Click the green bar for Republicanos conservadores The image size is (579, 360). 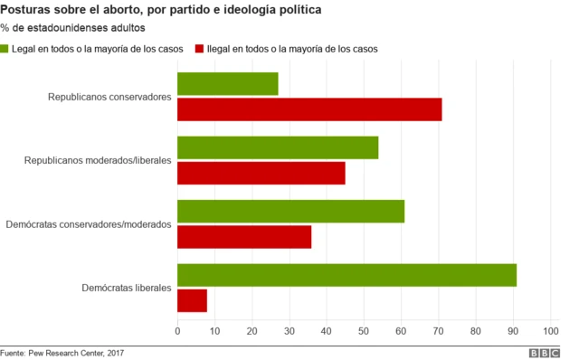pyautogui.click(x=227, y=83)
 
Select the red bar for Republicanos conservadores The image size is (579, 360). pyautogui.click(x=309, y=109)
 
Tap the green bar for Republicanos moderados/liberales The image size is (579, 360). pyautogui.click(x=278, y=147)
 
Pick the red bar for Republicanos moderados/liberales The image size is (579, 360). pyautogui.click(x=261, y=173)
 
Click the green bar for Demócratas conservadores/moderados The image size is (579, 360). pyautogui.click(x=290, y=211)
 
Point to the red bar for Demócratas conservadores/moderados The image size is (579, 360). pyautogui.click(x=244, y=236)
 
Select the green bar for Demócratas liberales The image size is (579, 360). pyautogui.click(x=346, y=275)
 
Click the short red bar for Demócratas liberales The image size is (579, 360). pyautogui.click(x=192, y=300)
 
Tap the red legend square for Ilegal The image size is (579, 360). pyautogui.click(x=199, y=48)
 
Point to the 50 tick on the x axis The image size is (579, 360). pyautogui.click(x=364, y=332)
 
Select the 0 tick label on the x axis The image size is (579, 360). pyautogui.click(x=177, y=332)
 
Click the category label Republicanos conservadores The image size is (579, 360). pyautogui.click(x=109, y=96)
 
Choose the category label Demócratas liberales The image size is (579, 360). pyautogui.click(x=126, y=288)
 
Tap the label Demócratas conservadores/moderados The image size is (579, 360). pyautogui.click(x=88, y=223)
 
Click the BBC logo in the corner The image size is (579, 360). pyautogui.click(x=545, y=353)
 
